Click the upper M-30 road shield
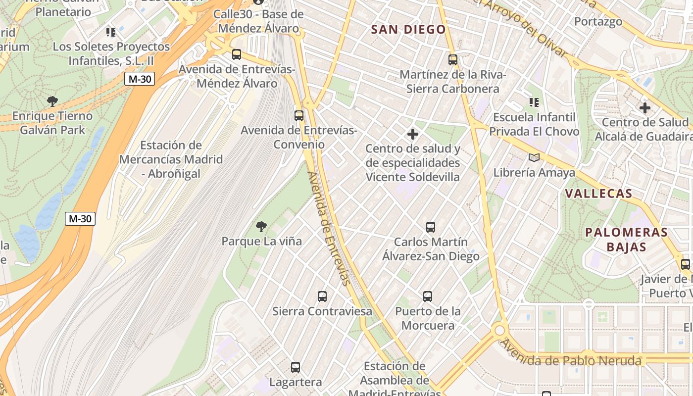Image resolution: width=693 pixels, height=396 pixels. [140, 79]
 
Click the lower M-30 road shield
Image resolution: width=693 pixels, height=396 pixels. [80, 219]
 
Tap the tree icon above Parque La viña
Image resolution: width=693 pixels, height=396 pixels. [261, 227]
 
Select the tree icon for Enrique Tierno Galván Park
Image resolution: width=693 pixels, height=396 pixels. [52, 101]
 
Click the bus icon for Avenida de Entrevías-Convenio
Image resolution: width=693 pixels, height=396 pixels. [299, 116]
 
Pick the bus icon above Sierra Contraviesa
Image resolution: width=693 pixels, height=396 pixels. [322, 297]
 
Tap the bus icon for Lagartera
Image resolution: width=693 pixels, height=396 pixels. [296, 367]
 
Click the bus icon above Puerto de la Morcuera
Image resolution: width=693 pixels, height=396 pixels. [428, 297]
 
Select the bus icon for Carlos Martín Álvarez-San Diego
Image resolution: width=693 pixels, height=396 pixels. [431, 227]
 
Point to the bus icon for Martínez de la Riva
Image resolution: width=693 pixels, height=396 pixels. [453, 60]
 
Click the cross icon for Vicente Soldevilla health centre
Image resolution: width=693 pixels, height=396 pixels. [413, 134]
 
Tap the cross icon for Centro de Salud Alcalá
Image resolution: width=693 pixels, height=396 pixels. [644, 107]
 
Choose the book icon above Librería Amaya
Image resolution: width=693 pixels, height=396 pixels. [534, 158]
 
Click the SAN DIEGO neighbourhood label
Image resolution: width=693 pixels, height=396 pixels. [408, 30]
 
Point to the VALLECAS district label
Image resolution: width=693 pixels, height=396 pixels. [598, 194]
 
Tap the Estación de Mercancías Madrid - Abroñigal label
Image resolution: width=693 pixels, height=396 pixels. [171, 159]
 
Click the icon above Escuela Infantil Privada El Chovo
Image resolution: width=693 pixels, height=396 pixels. [534, 102]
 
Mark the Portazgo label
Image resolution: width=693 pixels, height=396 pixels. [598, 21]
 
